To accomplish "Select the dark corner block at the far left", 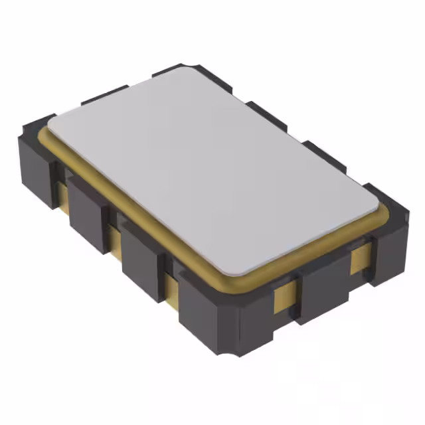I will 37,159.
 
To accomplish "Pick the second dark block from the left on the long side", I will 86,212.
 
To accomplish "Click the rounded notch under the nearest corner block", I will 229,351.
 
